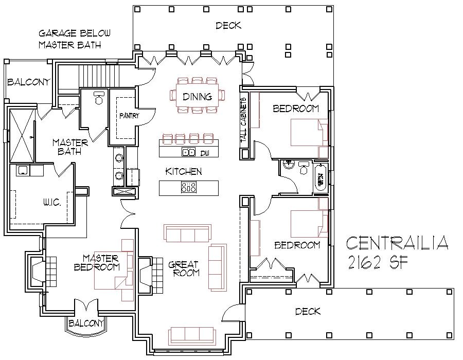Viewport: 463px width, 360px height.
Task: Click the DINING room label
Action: click(x=198, y=97)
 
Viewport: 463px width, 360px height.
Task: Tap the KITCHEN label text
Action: click(x=183, y=171)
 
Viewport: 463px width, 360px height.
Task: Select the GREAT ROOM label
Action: click(x=183, y=269)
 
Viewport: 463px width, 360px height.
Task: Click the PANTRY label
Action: click(x=129, y=116)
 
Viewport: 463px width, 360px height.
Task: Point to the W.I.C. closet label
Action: click(x=52, y=203)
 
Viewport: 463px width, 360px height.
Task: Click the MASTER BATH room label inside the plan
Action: click(x=69, y=147)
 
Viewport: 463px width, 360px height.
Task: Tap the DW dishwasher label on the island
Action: click(x=204, y=153)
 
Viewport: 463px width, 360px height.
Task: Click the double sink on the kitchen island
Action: click(x=188, y=152)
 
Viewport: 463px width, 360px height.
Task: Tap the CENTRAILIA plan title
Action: click(x=397, y=242)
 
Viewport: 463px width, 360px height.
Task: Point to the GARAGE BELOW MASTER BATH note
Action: click(x=74, y=39)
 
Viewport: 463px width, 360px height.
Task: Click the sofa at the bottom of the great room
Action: click(x=191, y=336)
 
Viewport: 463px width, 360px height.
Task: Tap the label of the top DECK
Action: click(x=228, y=25)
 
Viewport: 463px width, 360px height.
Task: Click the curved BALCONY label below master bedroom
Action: click(x=86, y=323)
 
